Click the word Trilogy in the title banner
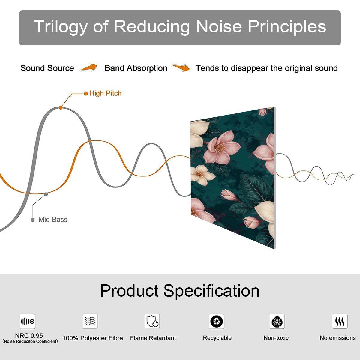(61, 27)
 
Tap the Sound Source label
(47, 68)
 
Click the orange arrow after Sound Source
(88, 67)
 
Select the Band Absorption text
(136, 68)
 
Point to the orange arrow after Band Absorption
(181, 67)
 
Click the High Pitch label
(105, 93)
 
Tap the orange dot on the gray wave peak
(61, 108)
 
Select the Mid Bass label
(53, 220)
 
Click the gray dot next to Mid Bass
(33, 220)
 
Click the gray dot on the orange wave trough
(46, 194)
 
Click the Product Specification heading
(180, 291)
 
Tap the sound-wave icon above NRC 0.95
(28, 321)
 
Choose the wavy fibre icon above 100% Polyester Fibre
(90, 321)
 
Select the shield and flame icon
(152, 321)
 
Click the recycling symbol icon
(217, 321)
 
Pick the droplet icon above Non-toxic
(277, 321)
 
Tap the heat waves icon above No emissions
(340, 321)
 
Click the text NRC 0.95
(29, 336)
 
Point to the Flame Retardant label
(153, 338)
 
